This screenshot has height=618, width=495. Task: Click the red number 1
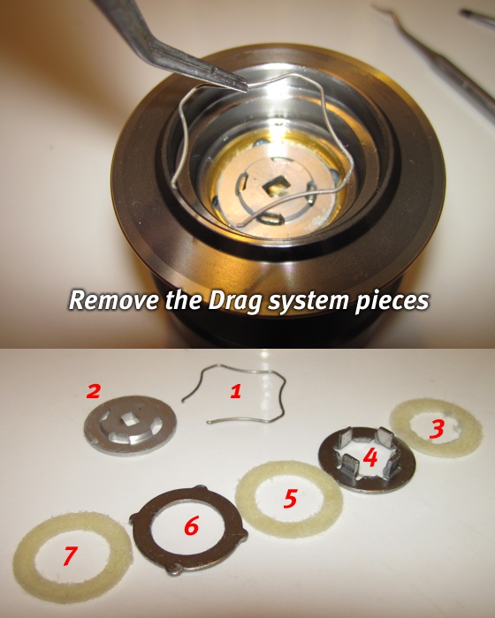[236, 391]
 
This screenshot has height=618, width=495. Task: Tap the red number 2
[94, 391]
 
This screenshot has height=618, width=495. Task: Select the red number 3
[437, 429]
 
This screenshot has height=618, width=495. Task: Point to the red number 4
[370, 457]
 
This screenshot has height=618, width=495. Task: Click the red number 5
[290, 499]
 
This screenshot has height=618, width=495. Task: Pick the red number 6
[192, 526]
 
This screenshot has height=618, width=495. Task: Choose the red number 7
[70, 555]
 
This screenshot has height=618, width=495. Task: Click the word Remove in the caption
[114, 300]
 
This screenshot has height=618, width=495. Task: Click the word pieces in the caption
[392, 302]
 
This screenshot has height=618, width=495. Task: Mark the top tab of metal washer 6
[201, 489]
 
